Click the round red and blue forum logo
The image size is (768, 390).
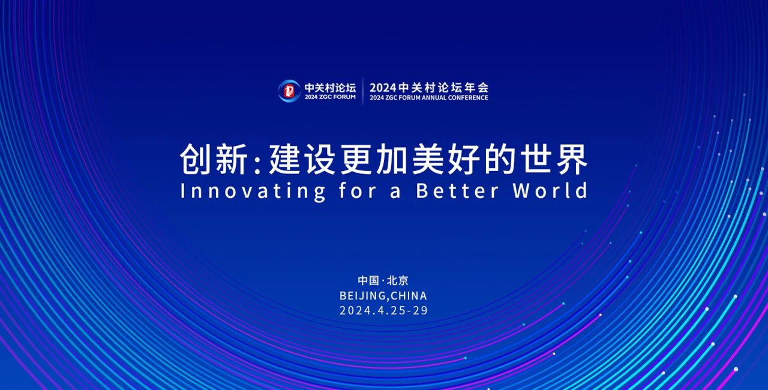coord(289,91)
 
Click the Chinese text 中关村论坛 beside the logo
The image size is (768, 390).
coord(330,88)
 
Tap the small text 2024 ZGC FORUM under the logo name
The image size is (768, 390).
coord(330,97)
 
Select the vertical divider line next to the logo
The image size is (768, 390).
coord(363,91)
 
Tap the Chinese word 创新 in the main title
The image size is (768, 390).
coord(214,160)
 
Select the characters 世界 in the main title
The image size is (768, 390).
coord(554,160)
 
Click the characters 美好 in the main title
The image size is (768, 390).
coord(446,160)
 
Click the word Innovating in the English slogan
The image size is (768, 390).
coord(253,191)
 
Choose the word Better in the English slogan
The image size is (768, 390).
coord(457,191)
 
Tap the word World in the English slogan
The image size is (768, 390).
coord(551,191)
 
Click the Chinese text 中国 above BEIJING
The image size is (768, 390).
coord(368,281)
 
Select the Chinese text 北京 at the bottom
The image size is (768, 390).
coord(398,281)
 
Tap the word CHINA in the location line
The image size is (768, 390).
coord(409,296)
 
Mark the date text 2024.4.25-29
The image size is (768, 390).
coord(383,310)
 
